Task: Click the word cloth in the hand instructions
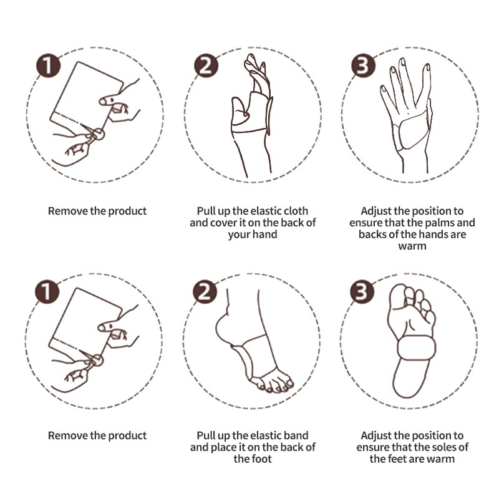coord(294,211)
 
